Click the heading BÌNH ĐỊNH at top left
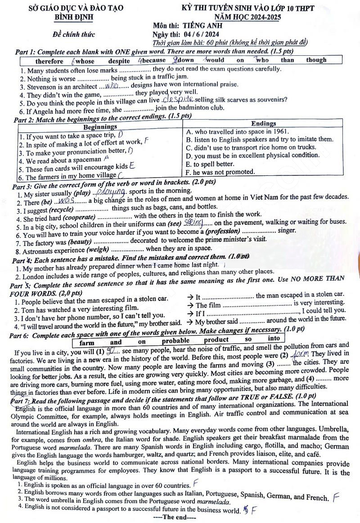(73, 17)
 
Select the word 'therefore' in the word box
(49, 61)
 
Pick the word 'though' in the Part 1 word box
(316, 60)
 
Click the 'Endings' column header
(263, 123)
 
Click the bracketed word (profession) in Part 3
(223, 231)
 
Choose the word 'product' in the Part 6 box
(216, 340)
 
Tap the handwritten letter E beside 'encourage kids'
(132, 166)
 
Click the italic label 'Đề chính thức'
(72, 35)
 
